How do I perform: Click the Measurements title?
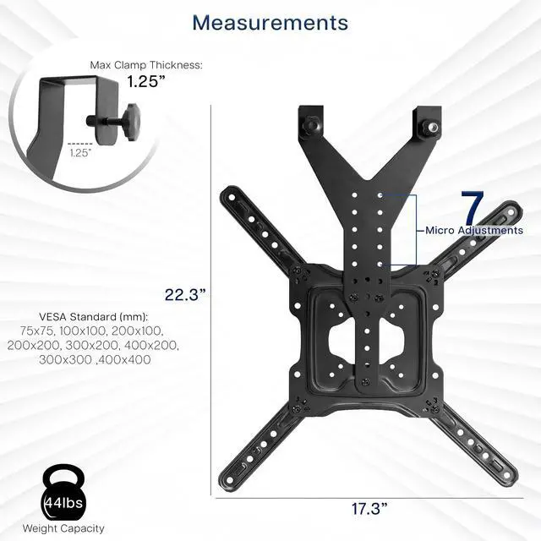pyautogui.click(x=270, y=23)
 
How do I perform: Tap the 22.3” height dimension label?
pyautogui.click(x=185, y=295)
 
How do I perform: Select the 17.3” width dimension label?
pyautogui.click(x=369, y=509)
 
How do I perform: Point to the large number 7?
pyautogui.click(x=473, y=207)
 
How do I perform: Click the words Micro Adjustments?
pyautogui.click(x=474, y=230)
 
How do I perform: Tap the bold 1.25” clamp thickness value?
pyautogui.click(x=146, y=81)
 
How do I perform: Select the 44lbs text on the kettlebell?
pyautogui.click(x=64, y=503)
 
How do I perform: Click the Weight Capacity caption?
pyautogui.click(x=63, y=528)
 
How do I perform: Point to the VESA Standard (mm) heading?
pyautogui.click(x=93, y=316)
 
